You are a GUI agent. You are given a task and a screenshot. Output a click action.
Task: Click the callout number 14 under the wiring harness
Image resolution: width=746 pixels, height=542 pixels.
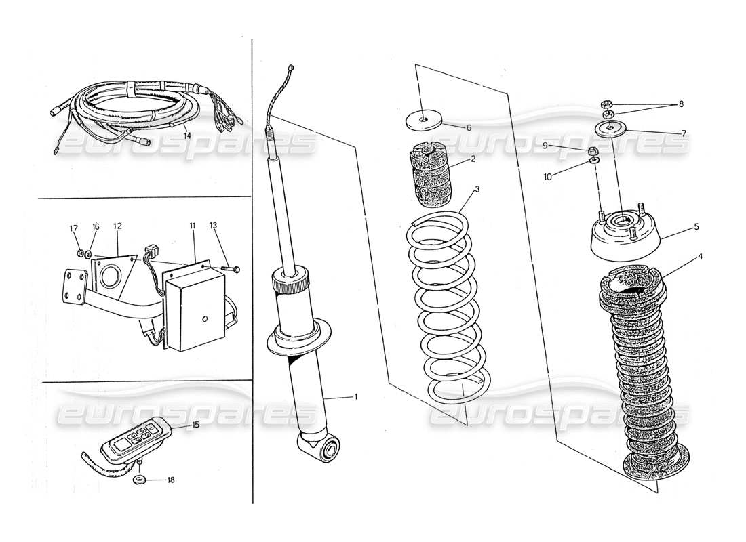[x=186, y=135]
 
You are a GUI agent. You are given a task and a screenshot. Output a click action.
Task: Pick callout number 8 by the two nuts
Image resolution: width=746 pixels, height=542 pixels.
[x=681, y=105]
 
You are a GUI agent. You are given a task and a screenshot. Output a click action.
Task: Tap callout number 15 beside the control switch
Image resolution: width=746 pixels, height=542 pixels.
[x=195, y=425]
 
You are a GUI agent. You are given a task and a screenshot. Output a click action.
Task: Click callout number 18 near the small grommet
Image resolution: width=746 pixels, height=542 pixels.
[x=170, y=480]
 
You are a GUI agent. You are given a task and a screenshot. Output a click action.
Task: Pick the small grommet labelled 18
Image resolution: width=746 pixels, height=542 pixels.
[x=139, y=480]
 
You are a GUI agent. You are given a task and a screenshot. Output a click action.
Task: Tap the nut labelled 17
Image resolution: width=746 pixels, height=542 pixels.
[x=80, y=254]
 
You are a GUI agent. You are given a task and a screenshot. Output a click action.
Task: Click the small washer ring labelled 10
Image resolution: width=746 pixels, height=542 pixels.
[x=594, y=162]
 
